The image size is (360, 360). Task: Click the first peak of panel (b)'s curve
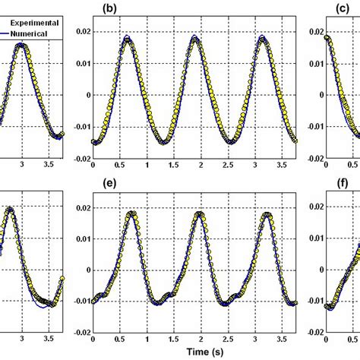click(127, 37)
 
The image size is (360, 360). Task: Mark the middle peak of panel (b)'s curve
click(195, 37)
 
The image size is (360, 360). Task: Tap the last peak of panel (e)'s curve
click(267, 214)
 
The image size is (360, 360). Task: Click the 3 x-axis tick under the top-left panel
click(22, 165)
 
